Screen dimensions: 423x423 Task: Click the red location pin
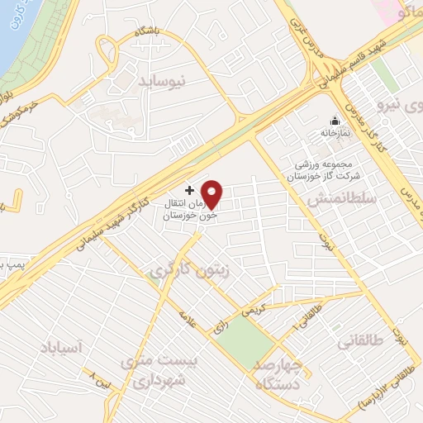(x=213, y=194)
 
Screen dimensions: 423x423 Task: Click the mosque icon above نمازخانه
(x=335, y=121)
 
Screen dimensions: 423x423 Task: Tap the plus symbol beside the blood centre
(x=189, y=190)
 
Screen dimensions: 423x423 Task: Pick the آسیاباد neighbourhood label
(x=61, y=348)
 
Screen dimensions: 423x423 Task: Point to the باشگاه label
(x=146, y=31)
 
